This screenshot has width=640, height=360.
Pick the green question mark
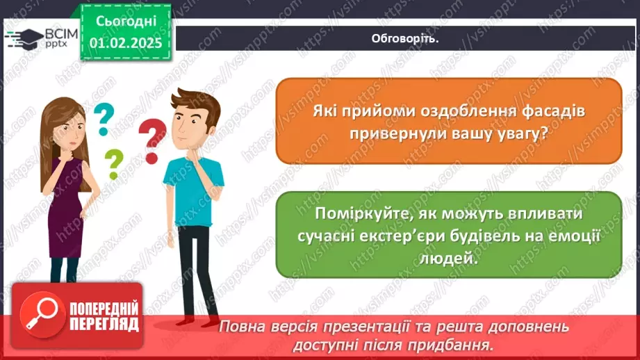[113, 164]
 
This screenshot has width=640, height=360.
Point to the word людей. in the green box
[449, 258]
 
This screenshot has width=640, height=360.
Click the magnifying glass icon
[36, 316]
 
